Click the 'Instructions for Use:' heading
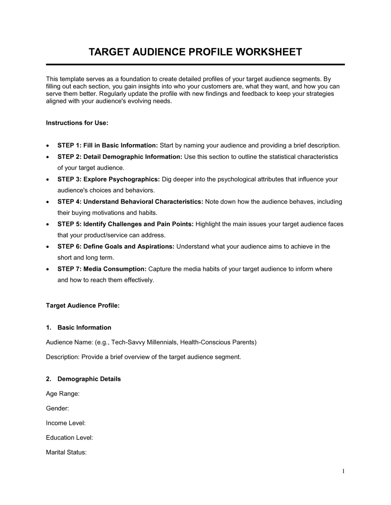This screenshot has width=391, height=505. tap(77, 123)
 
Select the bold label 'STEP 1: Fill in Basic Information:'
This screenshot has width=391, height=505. tap(108, 146)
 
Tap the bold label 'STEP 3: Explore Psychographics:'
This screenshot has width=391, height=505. tap(109, 179)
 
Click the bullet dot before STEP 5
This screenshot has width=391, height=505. tap(48, 224)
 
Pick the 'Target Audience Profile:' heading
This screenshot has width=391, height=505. tap(83, 305)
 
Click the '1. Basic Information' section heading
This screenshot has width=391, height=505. tap(84, 328)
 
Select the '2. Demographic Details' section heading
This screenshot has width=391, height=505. tap(89, 379)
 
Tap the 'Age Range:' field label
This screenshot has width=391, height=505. tap(63, 394)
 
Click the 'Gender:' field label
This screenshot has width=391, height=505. tap(57, 408)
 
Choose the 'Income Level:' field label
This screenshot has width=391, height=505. tap(66, 423)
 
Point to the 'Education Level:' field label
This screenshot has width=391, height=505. tap(69, 438)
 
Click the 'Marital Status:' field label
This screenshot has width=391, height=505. tap(66, 453)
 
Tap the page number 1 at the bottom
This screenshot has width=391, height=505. tap(343, 471)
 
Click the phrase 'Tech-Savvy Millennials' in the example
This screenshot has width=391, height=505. tap(144, 343)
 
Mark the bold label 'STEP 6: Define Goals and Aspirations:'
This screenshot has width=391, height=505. tap(116, 247)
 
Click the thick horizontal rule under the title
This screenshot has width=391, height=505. tap(195, 64)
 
